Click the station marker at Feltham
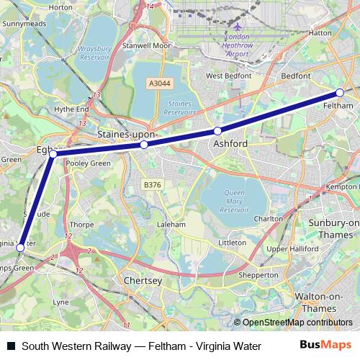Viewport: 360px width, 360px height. pyautogui.click(x=339, y=92)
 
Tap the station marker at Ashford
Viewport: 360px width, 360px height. pyautogui.click(x=217, y=131)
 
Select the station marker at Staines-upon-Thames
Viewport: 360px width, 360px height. pyautogui.click(x=144, y=145)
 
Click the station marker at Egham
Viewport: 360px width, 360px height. pyautogui.click(x=53, y=153)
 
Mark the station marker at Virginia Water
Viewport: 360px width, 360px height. pyautogui.click(x=20, y=248)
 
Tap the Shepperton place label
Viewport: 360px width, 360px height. pyautogui.click(x=258, y=275)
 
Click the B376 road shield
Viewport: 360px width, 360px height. pyautogui.click(x=153, y=185)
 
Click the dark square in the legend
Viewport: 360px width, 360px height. pyautogui.click(x=10, y=345)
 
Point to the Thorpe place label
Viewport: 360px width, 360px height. pyautogui.click(x=81, y=225)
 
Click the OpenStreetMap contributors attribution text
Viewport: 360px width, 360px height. pyautogui.click(x=297, y=323)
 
